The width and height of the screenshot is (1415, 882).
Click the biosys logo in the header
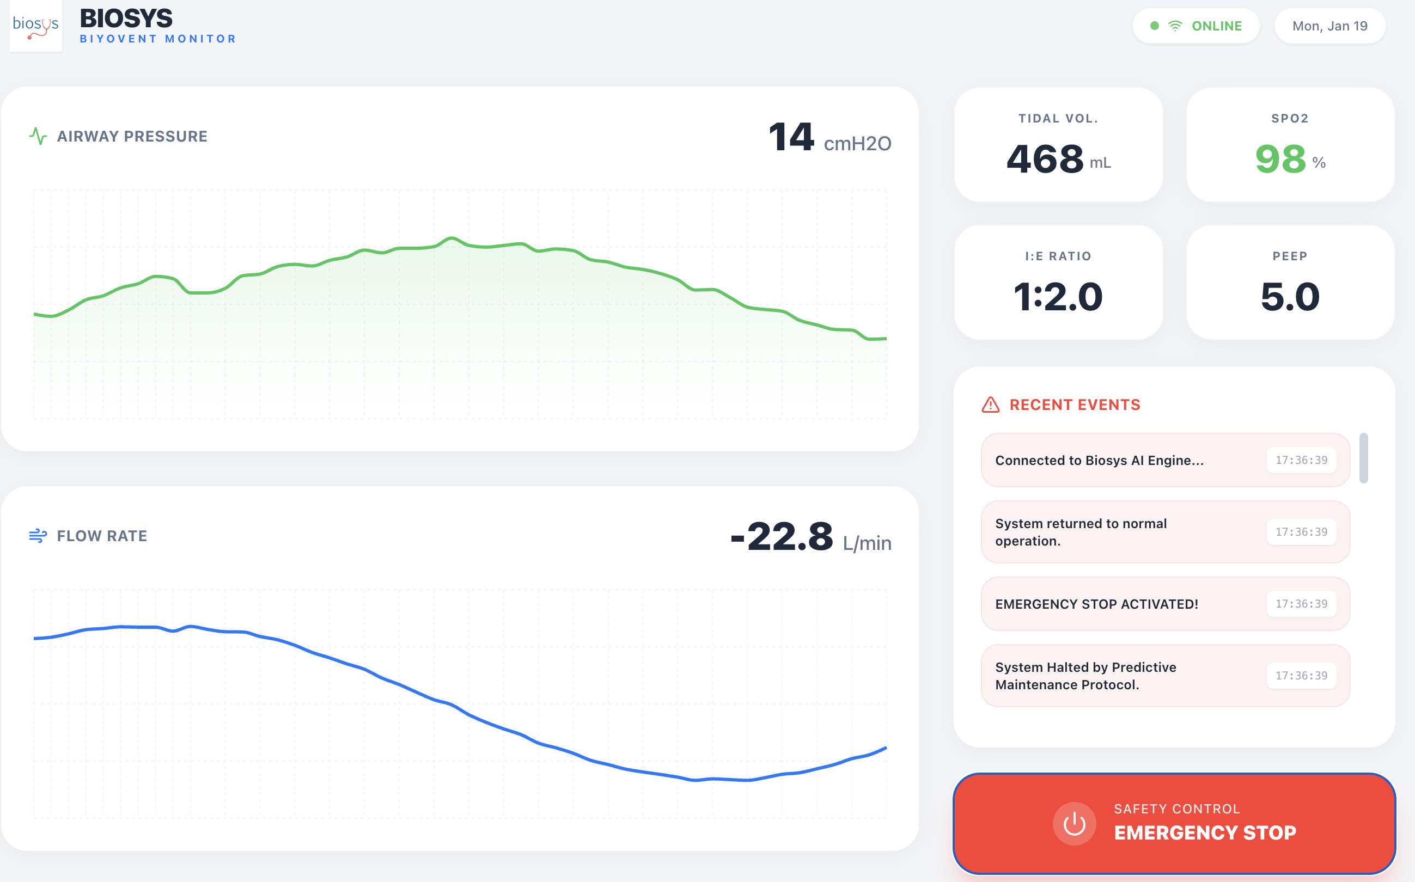[35, 26]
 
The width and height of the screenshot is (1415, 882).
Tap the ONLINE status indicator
[1196, 26]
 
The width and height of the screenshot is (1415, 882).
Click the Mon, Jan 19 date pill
[1329, 26]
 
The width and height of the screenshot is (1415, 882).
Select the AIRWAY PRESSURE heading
[132, 137]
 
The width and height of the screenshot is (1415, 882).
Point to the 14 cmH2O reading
[828, 138]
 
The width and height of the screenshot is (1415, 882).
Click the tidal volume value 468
[1045, 159]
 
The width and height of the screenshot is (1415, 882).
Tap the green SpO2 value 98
[1280, 159]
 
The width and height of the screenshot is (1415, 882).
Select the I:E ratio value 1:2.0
[1058, 297]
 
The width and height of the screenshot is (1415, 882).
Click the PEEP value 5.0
[1290, 297]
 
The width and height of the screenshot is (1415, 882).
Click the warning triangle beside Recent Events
[990, 405]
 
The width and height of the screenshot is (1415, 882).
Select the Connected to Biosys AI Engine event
[1099, 460]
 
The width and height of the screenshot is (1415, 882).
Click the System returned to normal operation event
[1081, 532]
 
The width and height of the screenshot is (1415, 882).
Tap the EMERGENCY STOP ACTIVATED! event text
[1096, 604]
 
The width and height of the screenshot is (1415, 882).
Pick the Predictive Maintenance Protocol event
[1085, 676]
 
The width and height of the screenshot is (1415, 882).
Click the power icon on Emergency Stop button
[1074, 824]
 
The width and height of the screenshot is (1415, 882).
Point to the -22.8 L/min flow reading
[810, 538]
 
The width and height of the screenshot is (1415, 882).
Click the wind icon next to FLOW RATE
[38, 536]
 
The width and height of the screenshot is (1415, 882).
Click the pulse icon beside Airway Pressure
[38, 137]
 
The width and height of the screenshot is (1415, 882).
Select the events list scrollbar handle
[1363, 458]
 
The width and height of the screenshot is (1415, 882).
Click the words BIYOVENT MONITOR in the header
[157, 39]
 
